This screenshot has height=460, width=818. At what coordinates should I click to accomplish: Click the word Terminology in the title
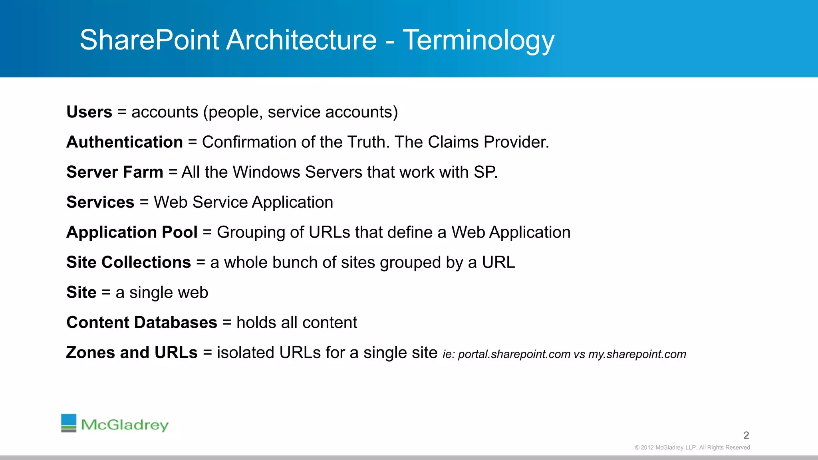point(478,40)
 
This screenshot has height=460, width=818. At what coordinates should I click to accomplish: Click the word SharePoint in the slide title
point(149,40)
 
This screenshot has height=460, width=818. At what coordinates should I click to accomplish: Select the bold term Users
point(89,112)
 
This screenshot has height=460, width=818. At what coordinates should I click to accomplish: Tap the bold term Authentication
point(125,142)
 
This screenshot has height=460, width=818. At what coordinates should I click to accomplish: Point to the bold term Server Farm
point(115,172)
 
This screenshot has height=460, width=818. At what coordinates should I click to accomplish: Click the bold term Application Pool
point(132,232)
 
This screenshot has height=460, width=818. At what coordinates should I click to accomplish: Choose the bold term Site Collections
point(129,262)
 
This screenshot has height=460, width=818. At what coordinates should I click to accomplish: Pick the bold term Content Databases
point(142,323)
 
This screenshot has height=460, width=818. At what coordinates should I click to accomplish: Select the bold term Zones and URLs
point(132,353)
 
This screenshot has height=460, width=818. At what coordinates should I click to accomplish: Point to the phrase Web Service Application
point(243,202)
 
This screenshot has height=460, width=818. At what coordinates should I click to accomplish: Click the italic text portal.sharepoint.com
point(514,354)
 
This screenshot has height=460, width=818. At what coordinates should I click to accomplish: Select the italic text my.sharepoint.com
point(637,354)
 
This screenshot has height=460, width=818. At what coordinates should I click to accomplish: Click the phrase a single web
point(162,293)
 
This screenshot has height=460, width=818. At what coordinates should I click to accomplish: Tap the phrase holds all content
point(296,323)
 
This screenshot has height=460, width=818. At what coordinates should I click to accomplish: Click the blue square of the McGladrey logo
point(69,420)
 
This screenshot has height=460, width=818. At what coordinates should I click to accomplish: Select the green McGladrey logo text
point(125,424)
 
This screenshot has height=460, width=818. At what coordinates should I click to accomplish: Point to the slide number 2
point(746,435)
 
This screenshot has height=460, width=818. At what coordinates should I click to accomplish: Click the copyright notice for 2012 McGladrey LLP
point(693,448)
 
